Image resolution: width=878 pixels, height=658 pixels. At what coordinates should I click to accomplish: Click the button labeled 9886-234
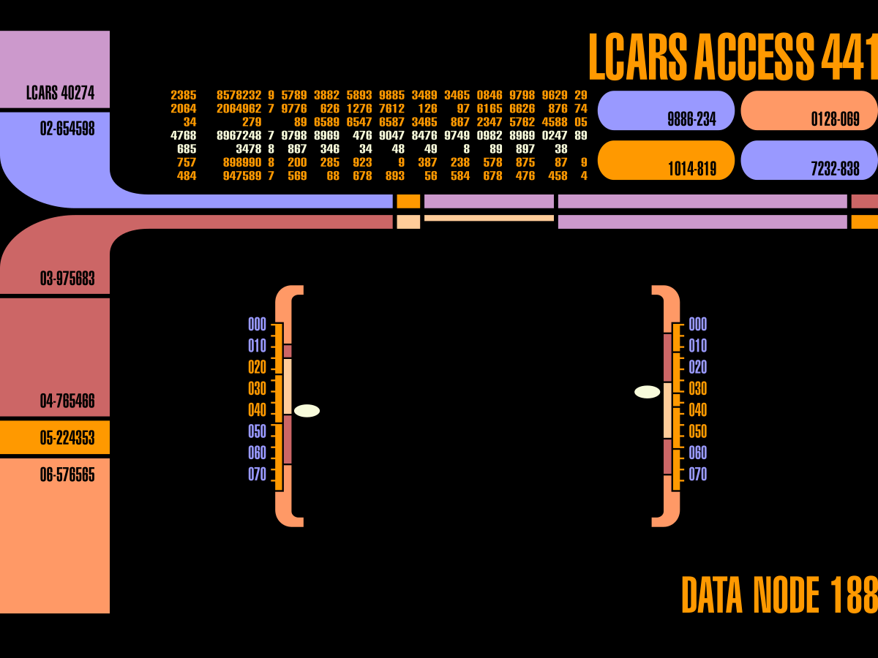666,111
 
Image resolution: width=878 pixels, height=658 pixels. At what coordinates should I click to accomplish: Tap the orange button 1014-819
666,161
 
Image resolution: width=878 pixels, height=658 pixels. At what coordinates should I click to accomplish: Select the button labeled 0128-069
809,111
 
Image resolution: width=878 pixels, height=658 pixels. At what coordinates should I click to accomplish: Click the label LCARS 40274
60,94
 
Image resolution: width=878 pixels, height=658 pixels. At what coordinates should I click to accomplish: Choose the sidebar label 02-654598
67,129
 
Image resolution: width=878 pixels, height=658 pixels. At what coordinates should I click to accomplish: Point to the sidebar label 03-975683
67,279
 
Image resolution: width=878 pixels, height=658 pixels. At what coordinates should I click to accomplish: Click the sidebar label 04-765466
67,401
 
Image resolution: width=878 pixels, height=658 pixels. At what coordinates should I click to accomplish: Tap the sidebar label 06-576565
67,475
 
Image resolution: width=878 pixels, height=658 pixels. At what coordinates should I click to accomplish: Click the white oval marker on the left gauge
307,411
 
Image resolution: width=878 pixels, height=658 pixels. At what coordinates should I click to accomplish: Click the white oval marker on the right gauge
647,392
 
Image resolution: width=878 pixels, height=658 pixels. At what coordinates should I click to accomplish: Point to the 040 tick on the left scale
258,410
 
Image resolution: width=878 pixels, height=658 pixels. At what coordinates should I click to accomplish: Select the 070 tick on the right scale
697,474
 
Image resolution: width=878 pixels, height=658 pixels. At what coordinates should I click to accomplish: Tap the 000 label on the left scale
258,325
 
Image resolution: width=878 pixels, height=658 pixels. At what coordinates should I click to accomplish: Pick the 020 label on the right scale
697,367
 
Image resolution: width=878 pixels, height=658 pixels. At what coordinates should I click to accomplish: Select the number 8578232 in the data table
239,95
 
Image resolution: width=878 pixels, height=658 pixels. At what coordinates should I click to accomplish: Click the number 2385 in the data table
183,95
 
